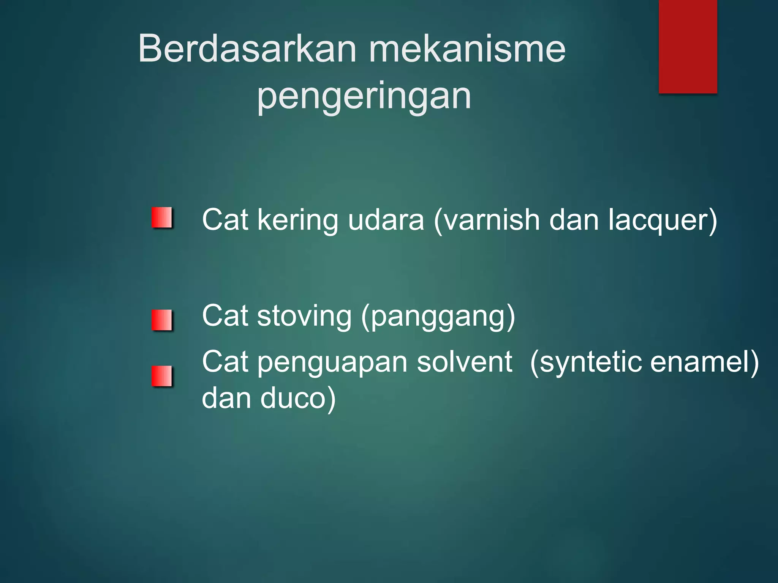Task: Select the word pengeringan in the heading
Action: (364, 96)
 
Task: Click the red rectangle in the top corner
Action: (688, 46)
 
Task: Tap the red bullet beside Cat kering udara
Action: (162, 218)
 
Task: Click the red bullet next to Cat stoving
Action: (162, 320)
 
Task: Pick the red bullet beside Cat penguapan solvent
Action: (162, 376)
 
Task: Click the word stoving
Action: (304, 316)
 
